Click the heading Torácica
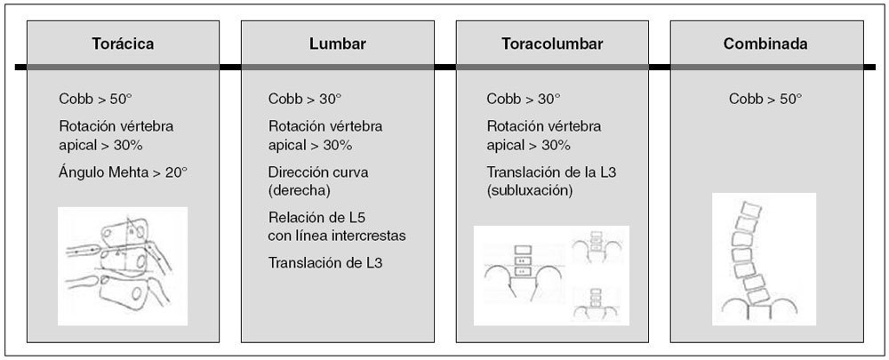click(x=124, y=44)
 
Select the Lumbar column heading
click(x=338, y=44)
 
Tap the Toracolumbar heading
click(x=553, y=44)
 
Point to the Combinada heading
click(x=766, y=44)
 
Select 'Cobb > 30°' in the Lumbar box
click(x=305, y=99)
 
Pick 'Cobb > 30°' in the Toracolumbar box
click(x=524, y=99)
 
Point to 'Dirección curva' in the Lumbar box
click(x=317, y=171)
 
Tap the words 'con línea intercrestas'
click(x=337, y=235)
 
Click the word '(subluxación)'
click(x=529, y=190)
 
